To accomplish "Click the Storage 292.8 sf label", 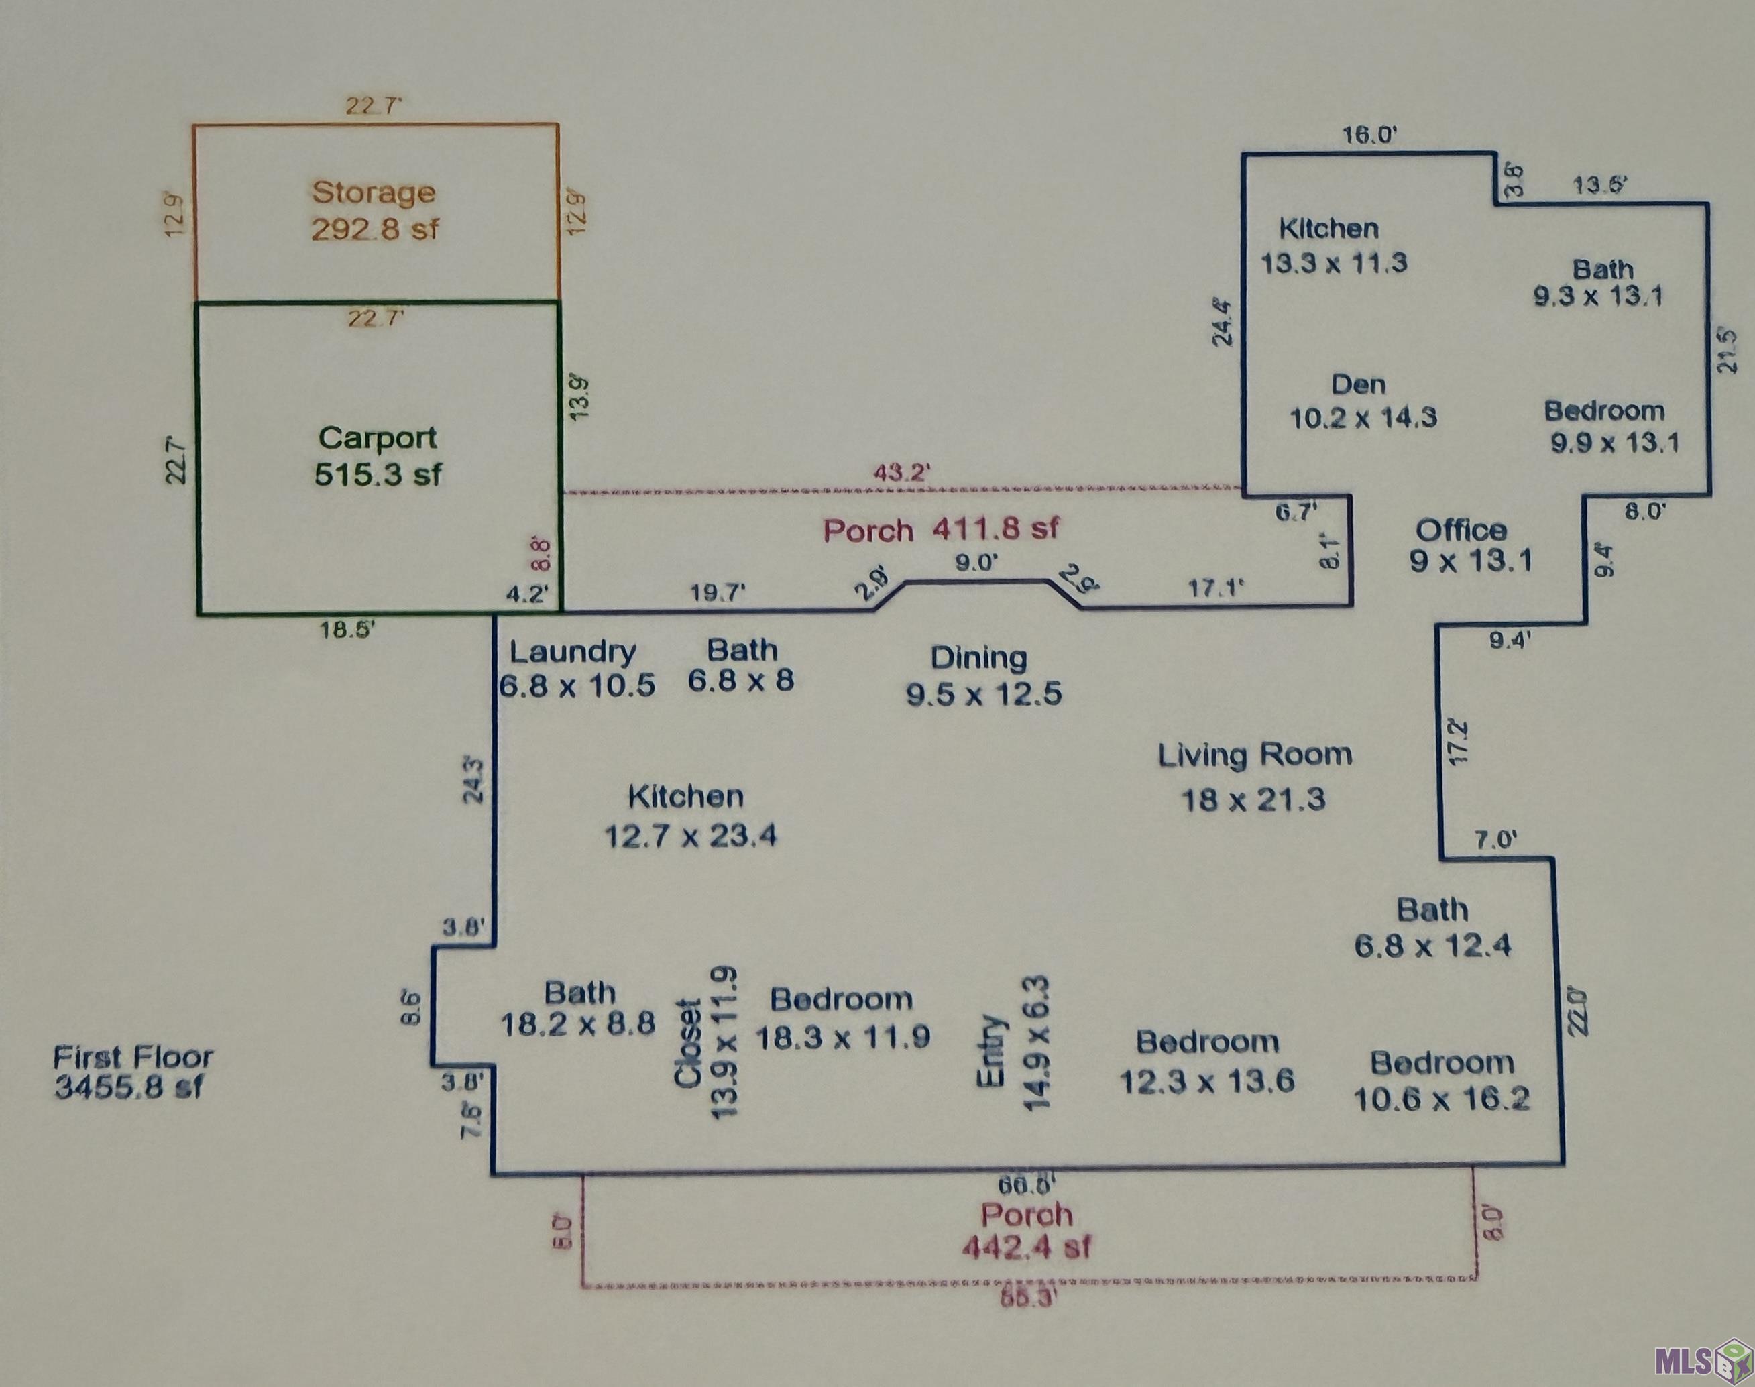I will [375, 211].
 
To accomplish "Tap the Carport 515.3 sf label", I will [378, 455].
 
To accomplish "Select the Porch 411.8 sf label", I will [941, 529].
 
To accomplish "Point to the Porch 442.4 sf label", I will [1027, 1230].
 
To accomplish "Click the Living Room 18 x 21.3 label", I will [1254, 777].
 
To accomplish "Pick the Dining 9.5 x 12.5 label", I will [982, 675].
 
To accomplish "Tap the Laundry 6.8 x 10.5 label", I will [575, 668].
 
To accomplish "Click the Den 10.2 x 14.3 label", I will [1363, 400].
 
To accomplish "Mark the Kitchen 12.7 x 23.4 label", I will [689, 816].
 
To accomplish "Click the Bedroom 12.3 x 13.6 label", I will [1207, 1060].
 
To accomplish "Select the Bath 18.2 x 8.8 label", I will [578, 1008].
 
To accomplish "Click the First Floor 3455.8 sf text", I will [132, 1072].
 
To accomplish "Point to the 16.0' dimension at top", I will [1369, 135].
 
